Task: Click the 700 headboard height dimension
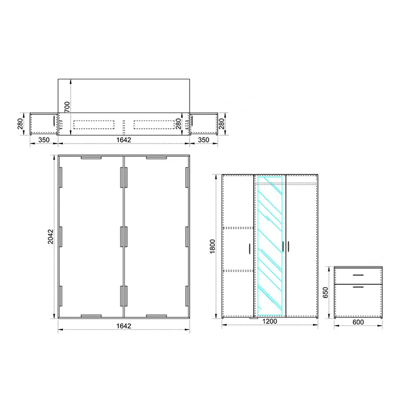pyautogui.click(x=67, y=107)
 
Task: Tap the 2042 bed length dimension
pyautogui.click(x=50, y=237)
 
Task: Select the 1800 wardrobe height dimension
pyautogui.click(x=212, y=247)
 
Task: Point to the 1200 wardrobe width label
pyautogui.click(x=270, y=321)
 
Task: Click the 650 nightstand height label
pyautogui.click(x=326, y=293)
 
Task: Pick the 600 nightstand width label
pyautogui.click(x=358, y=322)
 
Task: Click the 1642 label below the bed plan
pyautogui.click(x=124, y=326)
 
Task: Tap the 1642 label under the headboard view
pyautogui.click(x=124, y=140)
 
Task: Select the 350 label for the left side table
pyautogui.click(x=44, y=140)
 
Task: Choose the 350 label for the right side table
pyautogui.click(x=204, y=140)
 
